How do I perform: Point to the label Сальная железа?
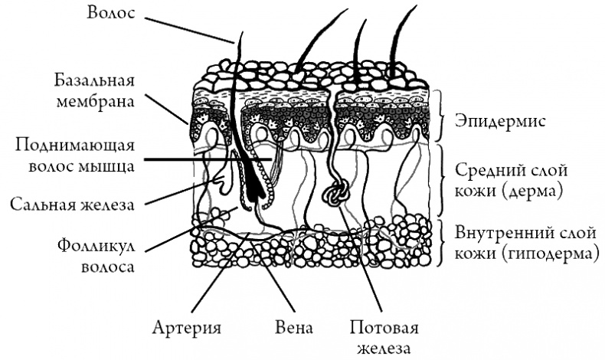[73, 205]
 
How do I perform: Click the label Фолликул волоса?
[96, 257]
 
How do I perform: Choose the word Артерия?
[187, 329]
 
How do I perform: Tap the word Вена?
[294, 329]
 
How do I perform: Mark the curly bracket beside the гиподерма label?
[442, 242]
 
